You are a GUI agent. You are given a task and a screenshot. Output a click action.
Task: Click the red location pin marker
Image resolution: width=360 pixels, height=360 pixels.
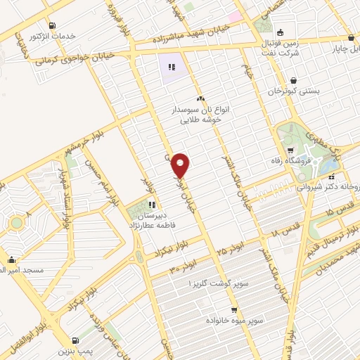[181, 165]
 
